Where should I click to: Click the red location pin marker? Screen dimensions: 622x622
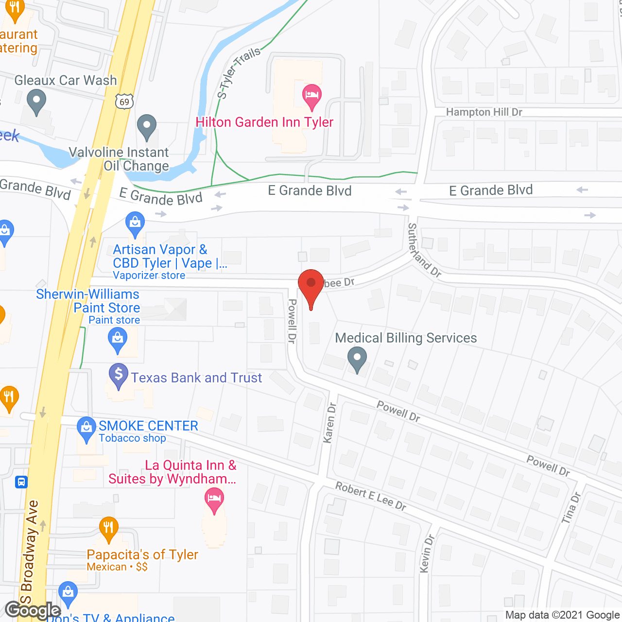[x=311, y=285]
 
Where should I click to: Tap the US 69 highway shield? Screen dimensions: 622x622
[x=124, y=101]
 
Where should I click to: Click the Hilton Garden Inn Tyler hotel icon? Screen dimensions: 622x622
[x=311, y=95]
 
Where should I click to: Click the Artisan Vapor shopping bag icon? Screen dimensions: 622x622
[x=135, y=223]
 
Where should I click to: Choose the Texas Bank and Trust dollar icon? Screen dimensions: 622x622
[x=118, y=375]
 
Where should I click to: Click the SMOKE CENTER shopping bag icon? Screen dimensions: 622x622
[x=86, y=428]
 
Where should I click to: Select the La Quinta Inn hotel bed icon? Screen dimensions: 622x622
[x=214, y=499]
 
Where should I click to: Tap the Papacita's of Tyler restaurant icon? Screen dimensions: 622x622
[x=108, y=528]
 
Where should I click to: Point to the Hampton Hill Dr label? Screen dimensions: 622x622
[x=484, y=112]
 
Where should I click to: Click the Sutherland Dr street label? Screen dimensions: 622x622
[x=424, y=250]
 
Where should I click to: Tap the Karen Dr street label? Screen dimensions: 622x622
[x=329, y=422]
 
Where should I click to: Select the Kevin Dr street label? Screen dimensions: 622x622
[x=426, y=553]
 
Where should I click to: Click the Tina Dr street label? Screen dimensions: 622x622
[x=571, y=508]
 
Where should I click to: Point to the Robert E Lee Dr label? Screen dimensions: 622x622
[x=371, y=496]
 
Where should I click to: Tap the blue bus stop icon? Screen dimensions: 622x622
[x=21, y=482]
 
